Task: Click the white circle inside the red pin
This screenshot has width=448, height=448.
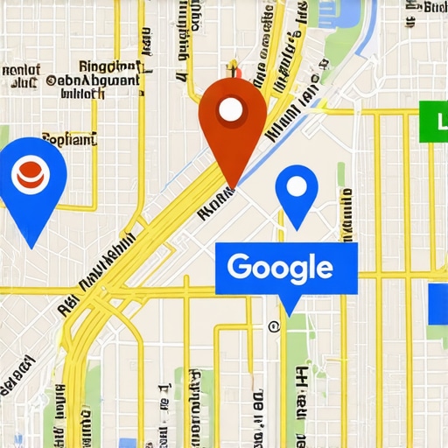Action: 230,109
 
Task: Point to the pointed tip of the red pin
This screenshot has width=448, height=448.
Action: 231,185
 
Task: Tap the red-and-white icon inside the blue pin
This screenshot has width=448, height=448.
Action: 30,173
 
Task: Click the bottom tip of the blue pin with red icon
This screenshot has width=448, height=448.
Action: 31,247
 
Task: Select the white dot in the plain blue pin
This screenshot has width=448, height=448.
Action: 296,185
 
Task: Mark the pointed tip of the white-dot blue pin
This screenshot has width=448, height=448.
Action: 297,229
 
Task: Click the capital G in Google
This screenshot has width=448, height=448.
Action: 241,267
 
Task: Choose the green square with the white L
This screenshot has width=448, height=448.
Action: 434,122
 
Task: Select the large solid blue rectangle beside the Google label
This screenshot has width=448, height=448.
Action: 437,304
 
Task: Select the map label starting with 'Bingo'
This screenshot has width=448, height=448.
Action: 109,66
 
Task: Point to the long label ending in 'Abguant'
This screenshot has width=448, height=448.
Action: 93,80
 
